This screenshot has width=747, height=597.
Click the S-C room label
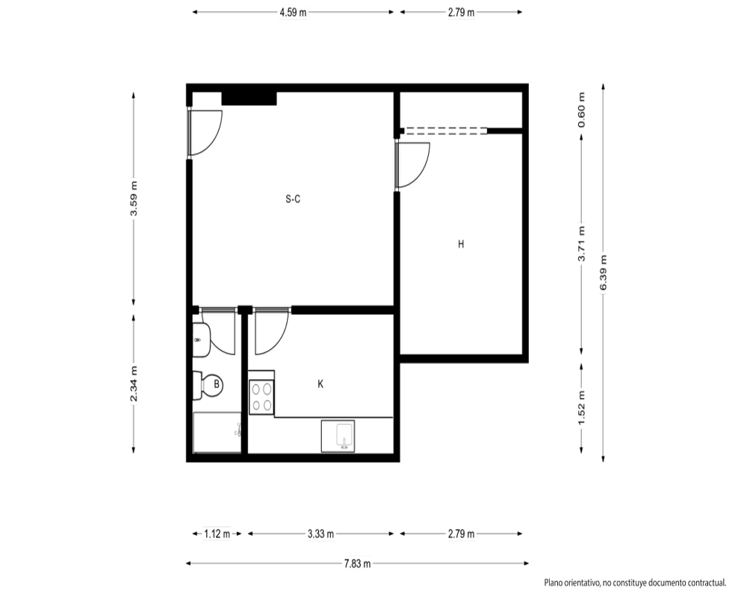pyautogui.click(x=293, y=199)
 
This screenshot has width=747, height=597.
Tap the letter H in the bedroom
pyautogui.click(x=461, y=244)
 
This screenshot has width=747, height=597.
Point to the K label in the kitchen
pyautogui.click(x=320, y=384)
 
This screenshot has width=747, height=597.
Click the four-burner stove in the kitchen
pyautogui.click(x=261, y=398)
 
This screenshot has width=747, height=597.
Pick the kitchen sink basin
pyautogui.click(x=338, y=436)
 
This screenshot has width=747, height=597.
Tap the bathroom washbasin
pyautogui.click(x=202, y=340)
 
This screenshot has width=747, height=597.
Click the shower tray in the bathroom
pyautogui.click(x=217, y=432)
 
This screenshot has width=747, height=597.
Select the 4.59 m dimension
pyautogui.click(x=293, y=13)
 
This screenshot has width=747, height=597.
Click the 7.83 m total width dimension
pyautogui.click(x=357, y=563)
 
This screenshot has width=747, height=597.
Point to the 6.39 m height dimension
pyautogui.click(x=603, y=273)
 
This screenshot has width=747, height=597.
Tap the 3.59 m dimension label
pyautogui.click(x=134, y=198)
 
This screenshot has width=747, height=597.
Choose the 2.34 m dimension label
pyautogui.click(x=134, y=384)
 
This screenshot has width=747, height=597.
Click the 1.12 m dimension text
pyautogui.click(x=217, y=534)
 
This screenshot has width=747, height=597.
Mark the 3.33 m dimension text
pyautogui.click(x=320, y=534)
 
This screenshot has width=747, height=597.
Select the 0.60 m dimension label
pyautogui.click(x=581, y=110)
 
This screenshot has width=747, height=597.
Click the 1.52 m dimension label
pyautogui.click(x=581, y=408)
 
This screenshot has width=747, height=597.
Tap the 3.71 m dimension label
pyautogui.click(x=581, y=244)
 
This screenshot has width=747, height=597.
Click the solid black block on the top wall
pyautogui.click(x=249, y=98)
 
